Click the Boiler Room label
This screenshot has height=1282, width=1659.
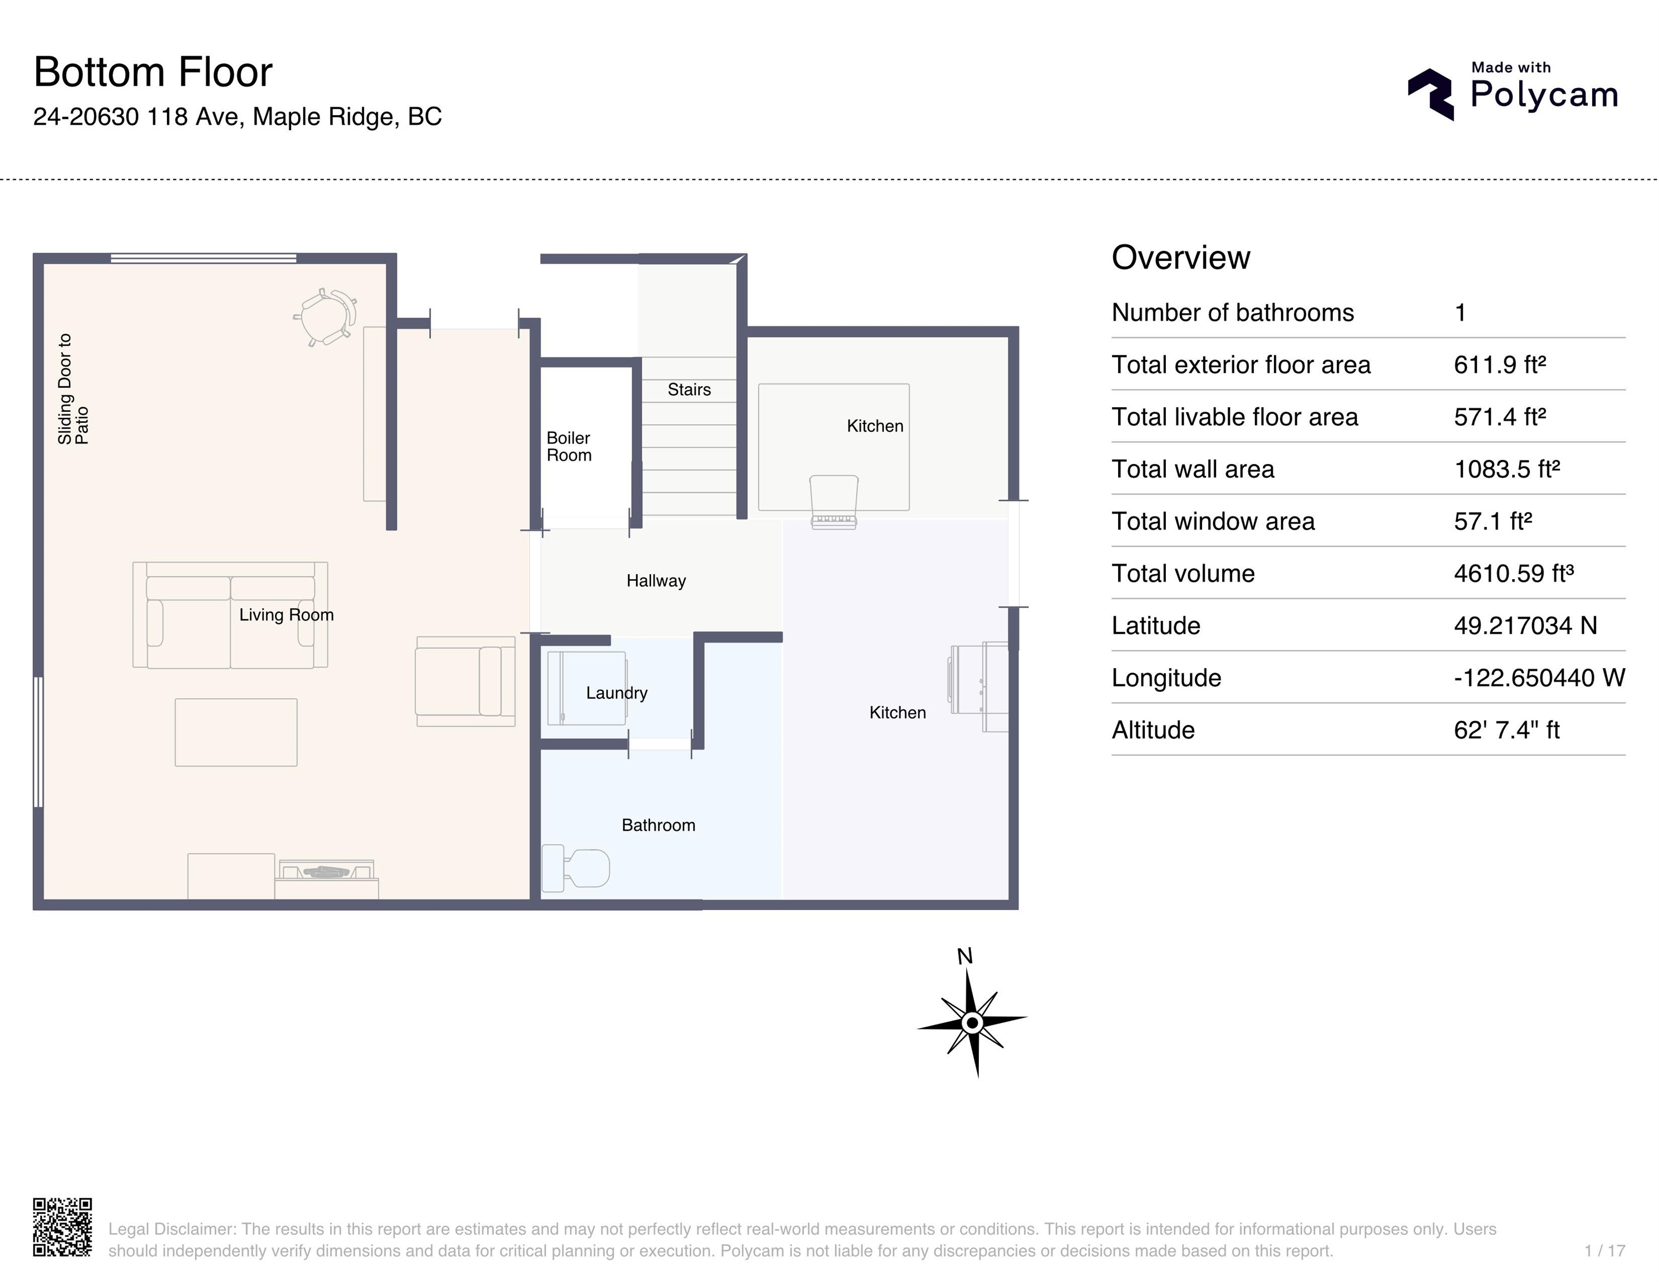[x=568, y=447]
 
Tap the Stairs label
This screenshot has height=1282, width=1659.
[x=689, y=389]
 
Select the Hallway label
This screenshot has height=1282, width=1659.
[x=656, y=581]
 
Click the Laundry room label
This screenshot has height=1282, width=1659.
[x=616, y=693]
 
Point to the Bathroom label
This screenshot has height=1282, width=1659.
[x=658, y=825]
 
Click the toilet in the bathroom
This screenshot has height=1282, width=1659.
[x=577, y=868]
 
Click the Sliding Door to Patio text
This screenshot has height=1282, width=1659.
[x=73, y=389]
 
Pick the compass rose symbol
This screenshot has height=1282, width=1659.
[x=972, y=1022]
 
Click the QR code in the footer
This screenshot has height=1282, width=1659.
[x=62, y=1227]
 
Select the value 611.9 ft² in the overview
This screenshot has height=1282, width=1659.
[x=1499, y=364]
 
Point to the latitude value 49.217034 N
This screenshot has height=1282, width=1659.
[x=1524, y=626]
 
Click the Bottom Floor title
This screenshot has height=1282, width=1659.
[x=152, y=72]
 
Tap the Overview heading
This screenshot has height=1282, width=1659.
[x=1180, y=258]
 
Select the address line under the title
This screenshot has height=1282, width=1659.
[x=237, y=117]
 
